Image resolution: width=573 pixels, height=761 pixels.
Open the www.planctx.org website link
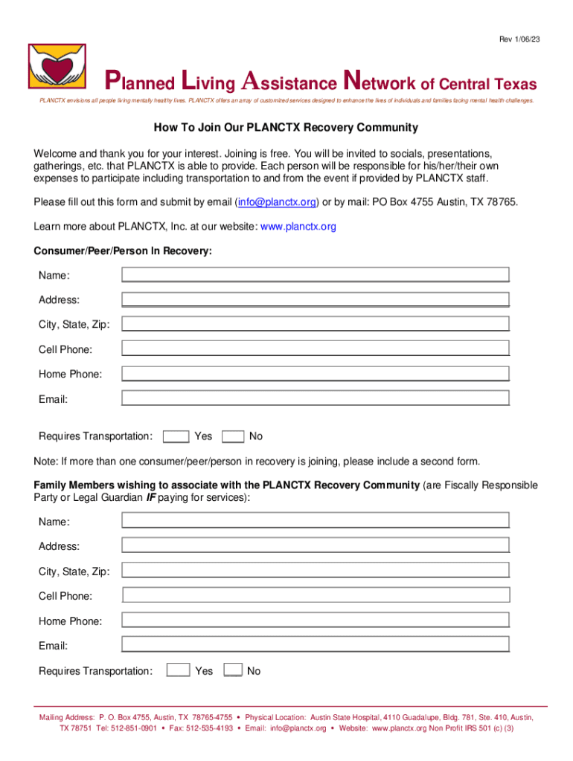[x=298, y=226]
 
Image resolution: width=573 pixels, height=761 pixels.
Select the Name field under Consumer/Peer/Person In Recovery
[x=316, y=275]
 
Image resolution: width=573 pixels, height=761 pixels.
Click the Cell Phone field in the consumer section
[x=316, y=349]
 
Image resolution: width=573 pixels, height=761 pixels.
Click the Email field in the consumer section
[x=316, y=398]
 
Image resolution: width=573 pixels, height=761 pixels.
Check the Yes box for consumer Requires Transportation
[x=176, y=436]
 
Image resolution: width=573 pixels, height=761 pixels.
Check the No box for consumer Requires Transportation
[x=233, y=436]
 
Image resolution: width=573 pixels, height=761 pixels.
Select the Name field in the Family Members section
[x=316, y=520]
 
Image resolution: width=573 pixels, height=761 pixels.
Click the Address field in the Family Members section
[x=316, y=545]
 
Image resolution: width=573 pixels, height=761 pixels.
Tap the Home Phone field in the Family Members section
[x=316, y=620]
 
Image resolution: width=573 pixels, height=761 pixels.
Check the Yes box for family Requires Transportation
[x=178, y=670]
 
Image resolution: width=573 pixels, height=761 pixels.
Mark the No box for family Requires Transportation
[x=233, y=670]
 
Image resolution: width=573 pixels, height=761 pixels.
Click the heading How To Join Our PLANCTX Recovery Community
[x=286, y=127]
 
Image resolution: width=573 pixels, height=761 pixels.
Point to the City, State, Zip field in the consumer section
[x=316, y=324]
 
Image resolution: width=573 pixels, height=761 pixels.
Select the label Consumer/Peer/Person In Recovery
[x=123, y=251]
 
